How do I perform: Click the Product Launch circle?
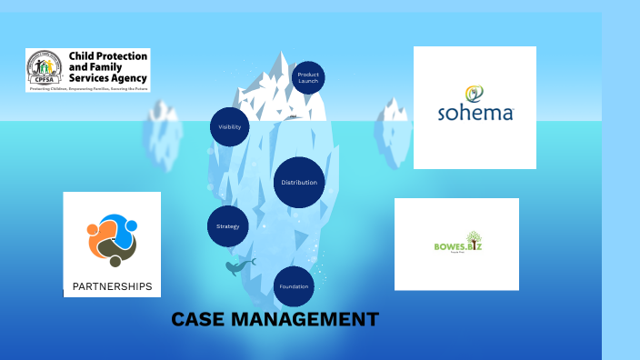point(308,77)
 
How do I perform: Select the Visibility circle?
point(229,127)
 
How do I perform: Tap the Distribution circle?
point(299,183)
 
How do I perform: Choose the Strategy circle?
point(227,225)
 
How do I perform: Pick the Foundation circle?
point(294,286)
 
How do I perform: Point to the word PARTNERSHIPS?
point(112,286)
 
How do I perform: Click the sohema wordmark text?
point(475,114)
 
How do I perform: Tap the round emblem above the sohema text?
point(475,93)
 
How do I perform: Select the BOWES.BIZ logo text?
point(456,245)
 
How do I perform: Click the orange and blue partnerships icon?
point(112,239)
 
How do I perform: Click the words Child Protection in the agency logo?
point(107,56)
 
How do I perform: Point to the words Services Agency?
point(107,78)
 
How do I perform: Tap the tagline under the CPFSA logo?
point(88,89)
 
